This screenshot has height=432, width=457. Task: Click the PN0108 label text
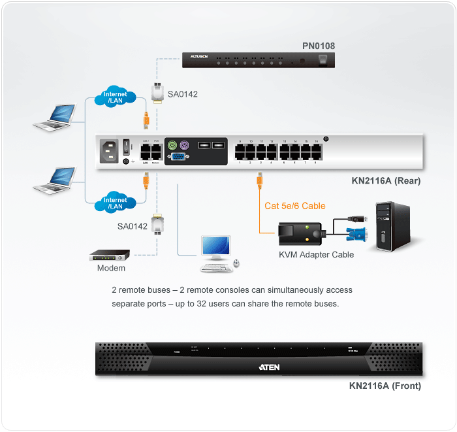click(319, 46)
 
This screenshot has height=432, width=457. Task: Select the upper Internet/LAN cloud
click(116, 97)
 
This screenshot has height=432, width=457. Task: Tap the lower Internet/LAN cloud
click(116, 203)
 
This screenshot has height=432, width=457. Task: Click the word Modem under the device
click(111, 268)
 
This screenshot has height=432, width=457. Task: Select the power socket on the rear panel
click(109, 151)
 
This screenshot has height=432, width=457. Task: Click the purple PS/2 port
click(185, 145)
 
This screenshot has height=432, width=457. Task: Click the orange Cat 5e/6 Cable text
click(294, 206)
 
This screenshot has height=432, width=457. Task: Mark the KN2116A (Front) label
click(385, 386)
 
